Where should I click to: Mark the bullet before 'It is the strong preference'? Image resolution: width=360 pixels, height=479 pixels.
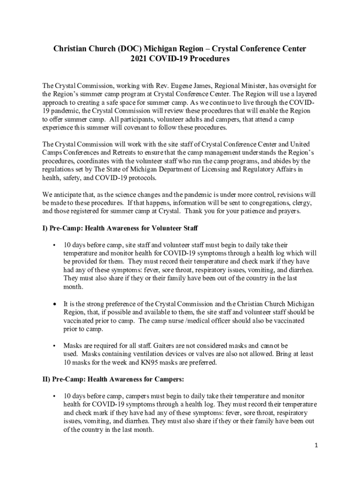[55, 305]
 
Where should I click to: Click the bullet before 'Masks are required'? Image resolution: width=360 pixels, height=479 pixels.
[55, 346]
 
